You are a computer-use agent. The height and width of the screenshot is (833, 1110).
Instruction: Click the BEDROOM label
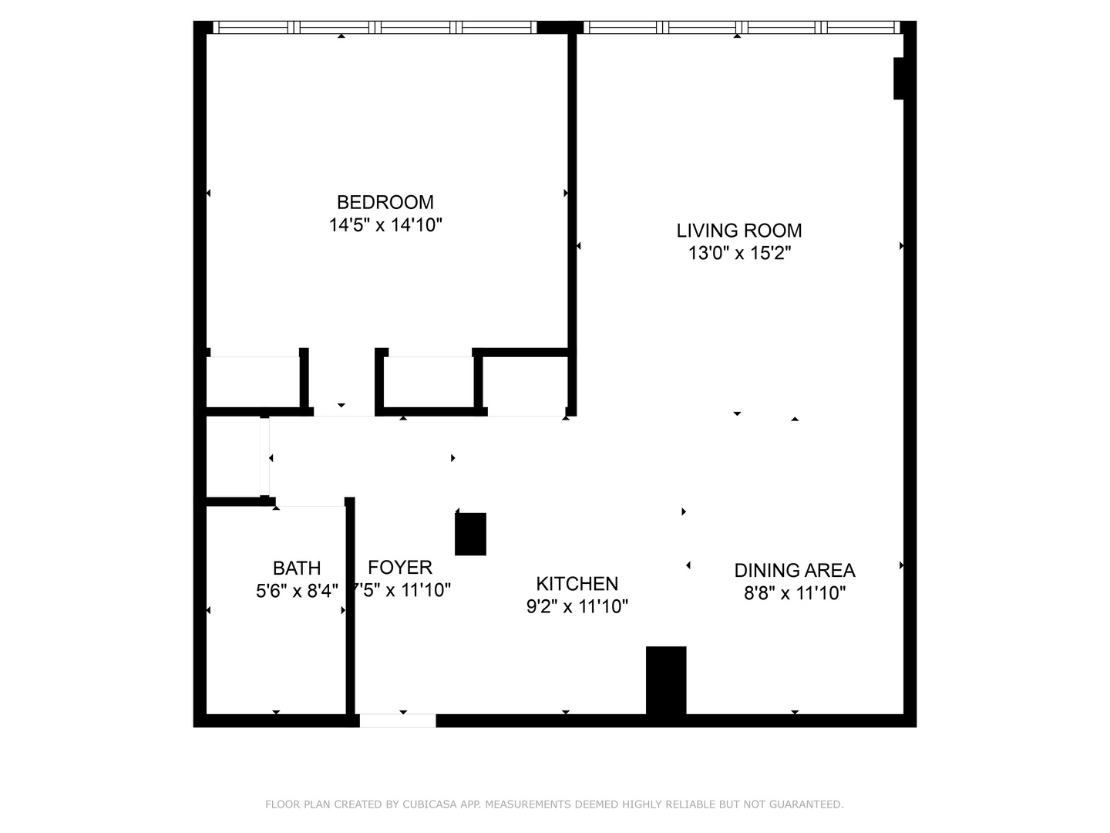(x=385, y=202)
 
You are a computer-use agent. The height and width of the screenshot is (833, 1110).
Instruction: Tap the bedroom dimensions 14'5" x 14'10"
(x=385, y=225)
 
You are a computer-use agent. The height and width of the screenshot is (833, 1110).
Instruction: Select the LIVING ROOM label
(x=738, y=231)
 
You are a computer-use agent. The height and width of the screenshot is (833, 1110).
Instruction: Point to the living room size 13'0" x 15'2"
(x=738, y=253)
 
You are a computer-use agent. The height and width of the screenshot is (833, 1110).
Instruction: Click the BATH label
(x=297, y=568)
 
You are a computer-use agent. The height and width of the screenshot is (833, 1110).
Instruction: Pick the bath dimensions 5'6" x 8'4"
(x=297, y=592)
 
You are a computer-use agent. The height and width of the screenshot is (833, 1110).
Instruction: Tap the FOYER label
(x=399, y=568)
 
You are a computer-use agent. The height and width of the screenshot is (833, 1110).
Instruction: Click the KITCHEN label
(x=577, y=584)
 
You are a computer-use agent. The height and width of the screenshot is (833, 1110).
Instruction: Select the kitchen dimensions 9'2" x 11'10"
(x=577, y=607)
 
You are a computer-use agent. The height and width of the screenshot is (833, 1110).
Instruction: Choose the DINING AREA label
(x=794, y=571)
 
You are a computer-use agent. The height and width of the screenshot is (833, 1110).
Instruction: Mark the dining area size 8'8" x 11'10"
(x=794, y=593)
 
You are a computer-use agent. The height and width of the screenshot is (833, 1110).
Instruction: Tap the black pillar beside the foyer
(x=470, y=534)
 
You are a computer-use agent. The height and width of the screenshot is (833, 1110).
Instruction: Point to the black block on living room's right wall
(x=898, y=79)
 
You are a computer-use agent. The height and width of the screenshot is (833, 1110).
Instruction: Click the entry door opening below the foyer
(x=398, y=721)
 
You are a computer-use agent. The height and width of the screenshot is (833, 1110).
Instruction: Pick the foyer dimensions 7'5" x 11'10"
(x=402, y=591)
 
